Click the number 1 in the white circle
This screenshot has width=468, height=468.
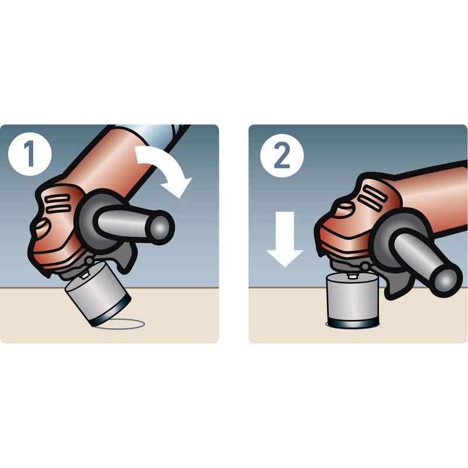(x=30, y=154)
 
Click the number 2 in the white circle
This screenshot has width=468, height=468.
(x=282, y=156)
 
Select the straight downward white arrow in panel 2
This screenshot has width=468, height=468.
(x=285, y=239)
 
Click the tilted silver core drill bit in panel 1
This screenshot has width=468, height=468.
(x=98, y=294)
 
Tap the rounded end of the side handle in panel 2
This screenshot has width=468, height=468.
(x=445, y=277)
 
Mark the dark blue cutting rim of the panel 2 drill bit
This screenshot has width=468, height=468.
(x=353, y=322)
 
